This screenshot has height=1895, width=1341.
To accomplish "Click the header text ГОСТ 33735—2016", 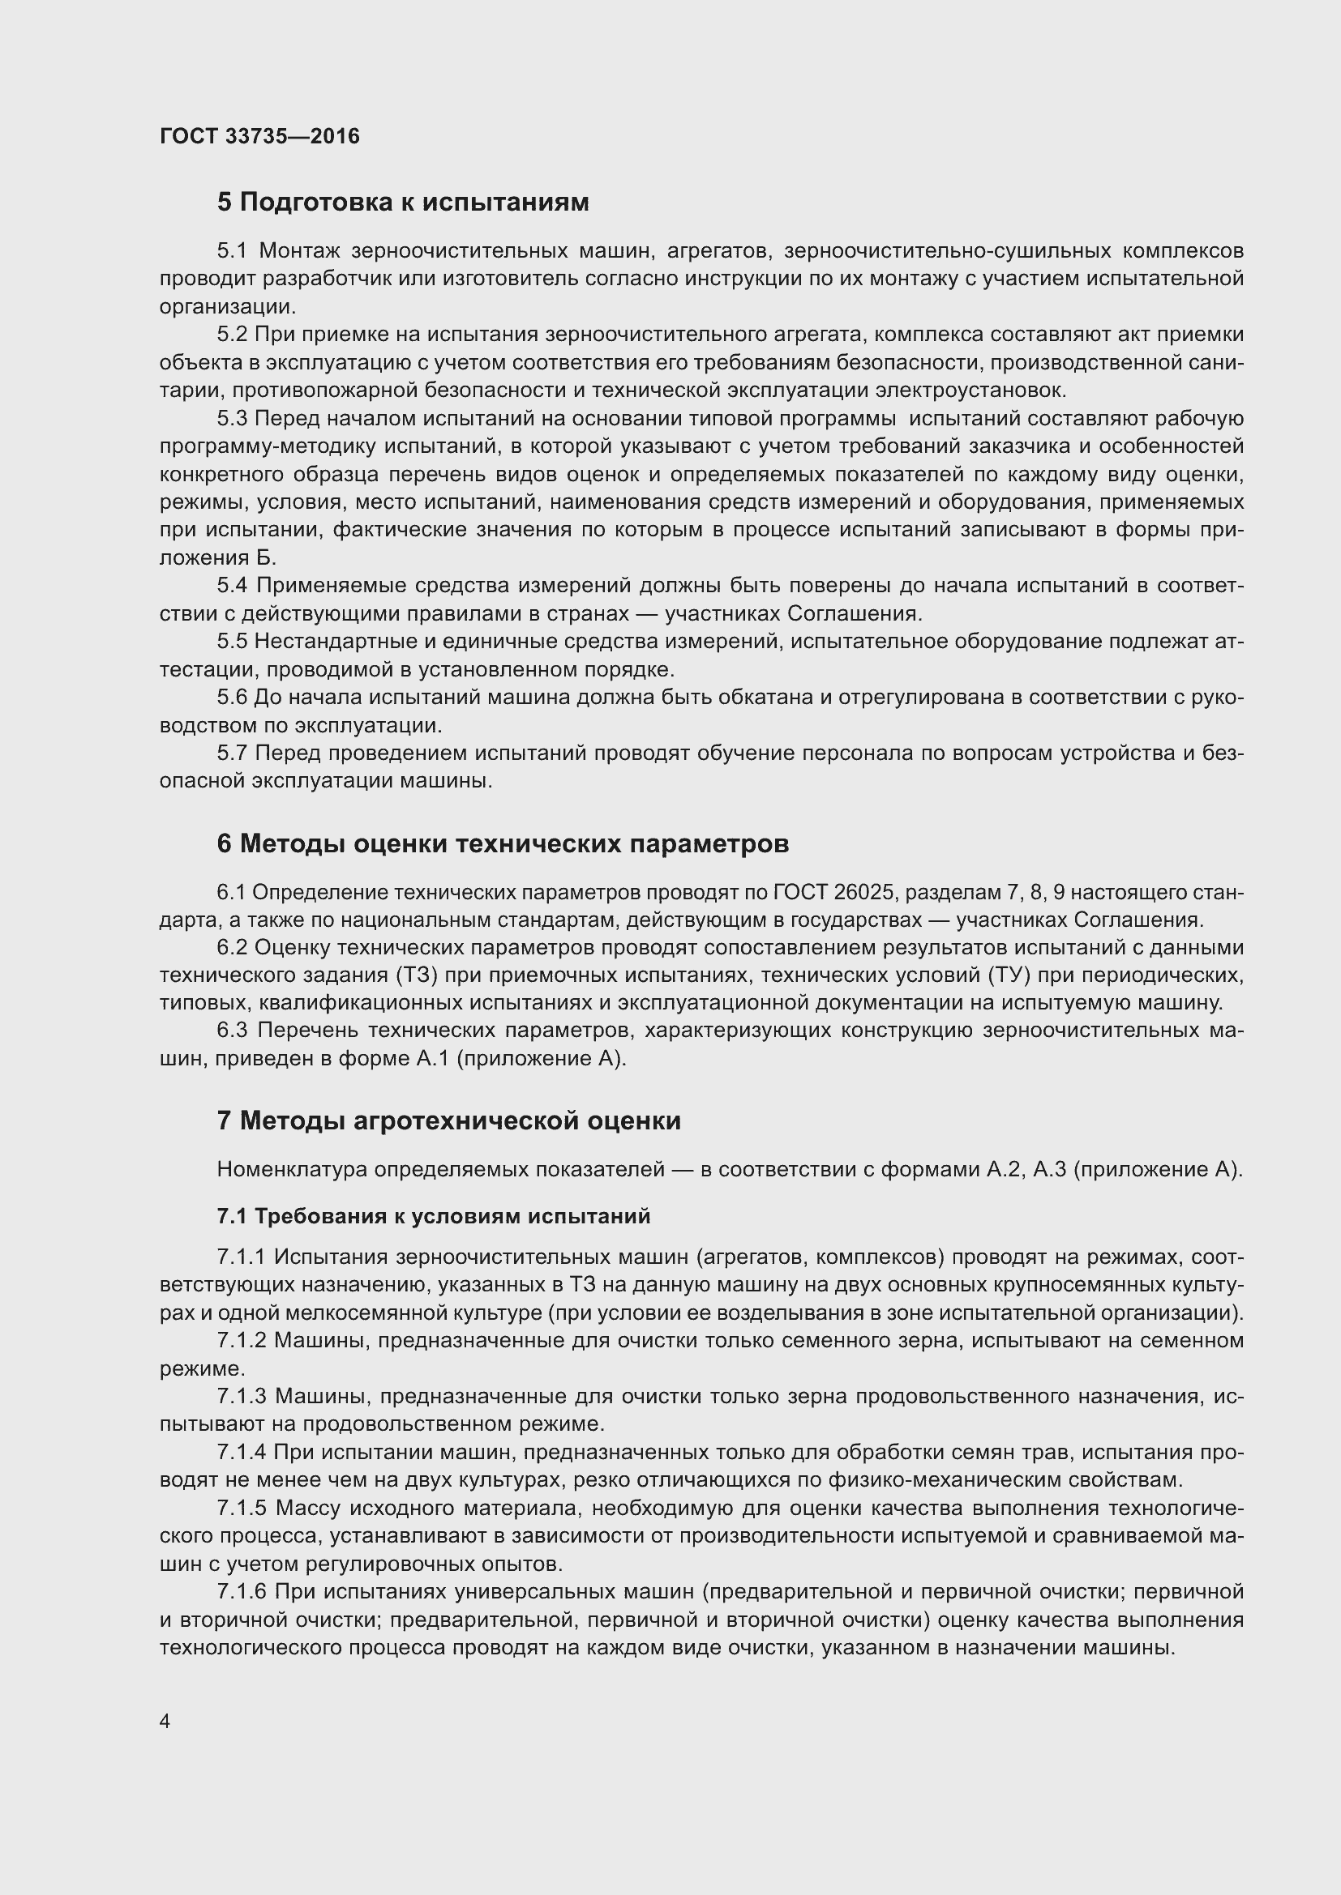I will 259,136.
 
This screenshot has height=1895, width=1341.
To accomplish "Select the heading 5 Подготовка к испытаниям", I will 403,203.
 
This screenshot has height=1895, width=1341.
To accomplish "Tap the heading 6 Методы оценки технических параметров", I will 503,843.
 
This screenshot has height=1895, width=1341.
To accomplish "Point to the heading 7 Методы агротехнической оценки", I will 449,1120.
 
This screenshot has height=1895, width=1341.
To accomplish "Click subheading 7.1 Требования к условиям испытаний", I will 434,1217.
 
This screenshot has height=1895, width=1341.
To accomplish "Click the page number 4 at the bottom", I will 165,1722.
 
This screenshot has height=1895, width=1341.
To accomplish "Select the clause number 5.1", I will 232,251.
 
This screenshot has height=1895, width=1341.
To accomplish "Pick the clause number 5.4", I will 232,586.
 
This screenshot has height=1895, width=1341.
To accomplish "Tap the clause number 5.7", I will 232,753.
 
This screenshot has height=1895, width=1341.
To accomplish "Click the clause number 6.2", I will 232,948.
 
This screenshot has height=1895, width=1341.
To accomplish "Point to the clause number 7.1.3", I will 241,1397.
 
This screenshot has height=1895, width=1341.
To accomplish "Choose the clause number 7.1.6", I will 241,1591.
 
